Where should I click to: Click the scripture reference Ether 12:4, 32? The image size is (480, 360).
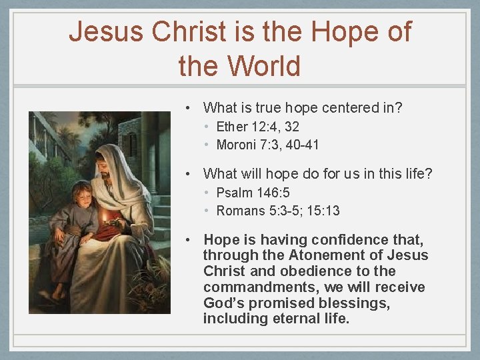(x=257, y=127)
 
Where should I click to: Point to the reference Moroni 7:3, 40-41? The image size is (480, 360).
(x=267, y=145)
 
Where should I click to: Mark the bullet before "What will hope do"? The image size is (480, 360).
(x=190, y=175)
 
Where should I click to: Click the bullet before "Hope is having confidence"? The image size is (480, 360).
(x=190, y=240)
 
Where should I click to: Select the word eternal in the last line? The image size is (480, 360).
(x=294, y=319)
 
